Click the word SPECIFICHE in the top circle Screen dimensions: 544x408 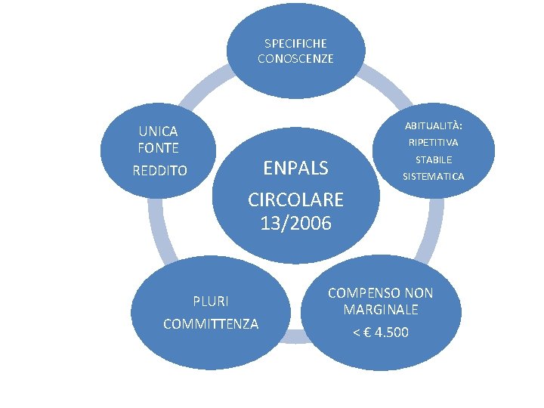tap(295, 44)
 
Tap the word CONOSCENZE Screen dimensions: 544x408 tap(295, 58)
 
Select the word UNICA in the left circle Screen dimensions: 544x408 tap(158, 131)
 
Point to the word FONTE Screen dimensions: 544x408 tap(158, 147)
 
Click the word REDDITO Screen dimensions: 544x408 tap(159, 171)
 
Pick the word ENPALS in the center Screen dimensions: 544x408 tap(295, 167)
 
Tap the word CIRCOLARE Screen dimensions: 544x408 tap(295, 199)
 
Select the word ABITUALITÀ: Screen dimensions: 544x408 tap(434, 125)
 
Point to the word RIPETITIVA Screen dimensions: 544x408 tap(434, 142)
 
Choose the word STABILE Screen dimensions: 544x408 tap(434, 159)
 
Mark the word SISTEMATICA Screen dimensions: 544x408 tap(434, 177)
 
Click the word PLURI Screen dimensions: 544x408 tap(211, 301)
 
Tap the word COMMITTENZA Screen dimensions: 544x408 tap(211, 323)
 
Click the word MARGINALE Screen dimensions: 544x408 tap(381, 310)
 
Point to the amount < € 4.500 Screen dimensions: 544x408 tap(381, 332)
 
